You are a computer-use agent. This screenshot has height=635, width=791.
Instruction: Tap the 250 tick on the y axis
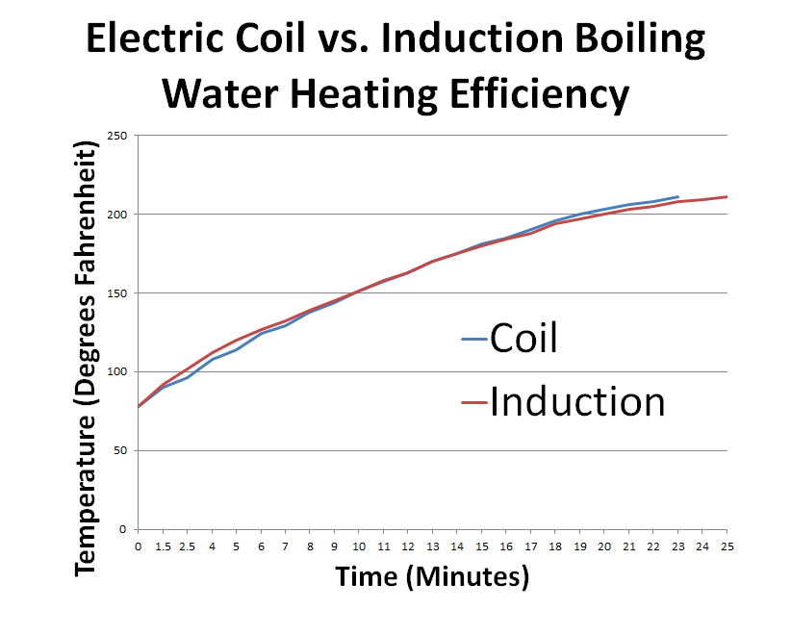point(117,136)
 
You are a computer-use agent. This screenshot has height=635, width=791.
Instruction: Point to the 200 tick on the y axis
point(117,215)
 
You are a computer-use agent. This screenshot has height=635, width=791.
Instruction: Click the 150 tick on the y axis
point(117,293)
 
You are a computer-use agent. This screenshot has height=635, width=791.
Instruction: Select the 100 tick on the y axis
point(117,372)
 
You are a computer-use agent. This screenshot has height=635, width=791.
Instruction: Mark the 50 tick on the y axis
point(120,450)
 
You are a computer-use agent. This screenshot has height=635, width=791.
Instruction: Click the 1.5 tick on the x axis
point(163,546)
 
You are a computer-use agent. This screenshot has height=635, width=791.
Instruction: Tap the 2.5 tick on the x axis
point(188,546)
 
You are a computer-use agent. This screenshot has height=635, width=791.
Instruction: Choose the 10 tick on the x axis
point(359,546)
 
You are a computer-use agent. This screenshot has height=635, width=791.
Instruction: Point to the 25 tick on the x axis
point(726,546)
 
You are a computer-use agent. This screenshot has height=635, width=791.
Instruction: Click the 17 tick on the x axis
point(530,546)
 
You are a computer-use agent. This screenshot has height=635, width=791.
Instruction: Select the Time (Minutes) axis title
point(432,576)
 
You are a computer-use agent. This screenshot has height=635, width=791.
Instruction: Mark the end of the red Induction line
point(726,196)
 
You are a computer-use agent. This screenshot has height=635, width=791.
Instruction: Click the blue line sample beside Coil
point(474,340)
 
